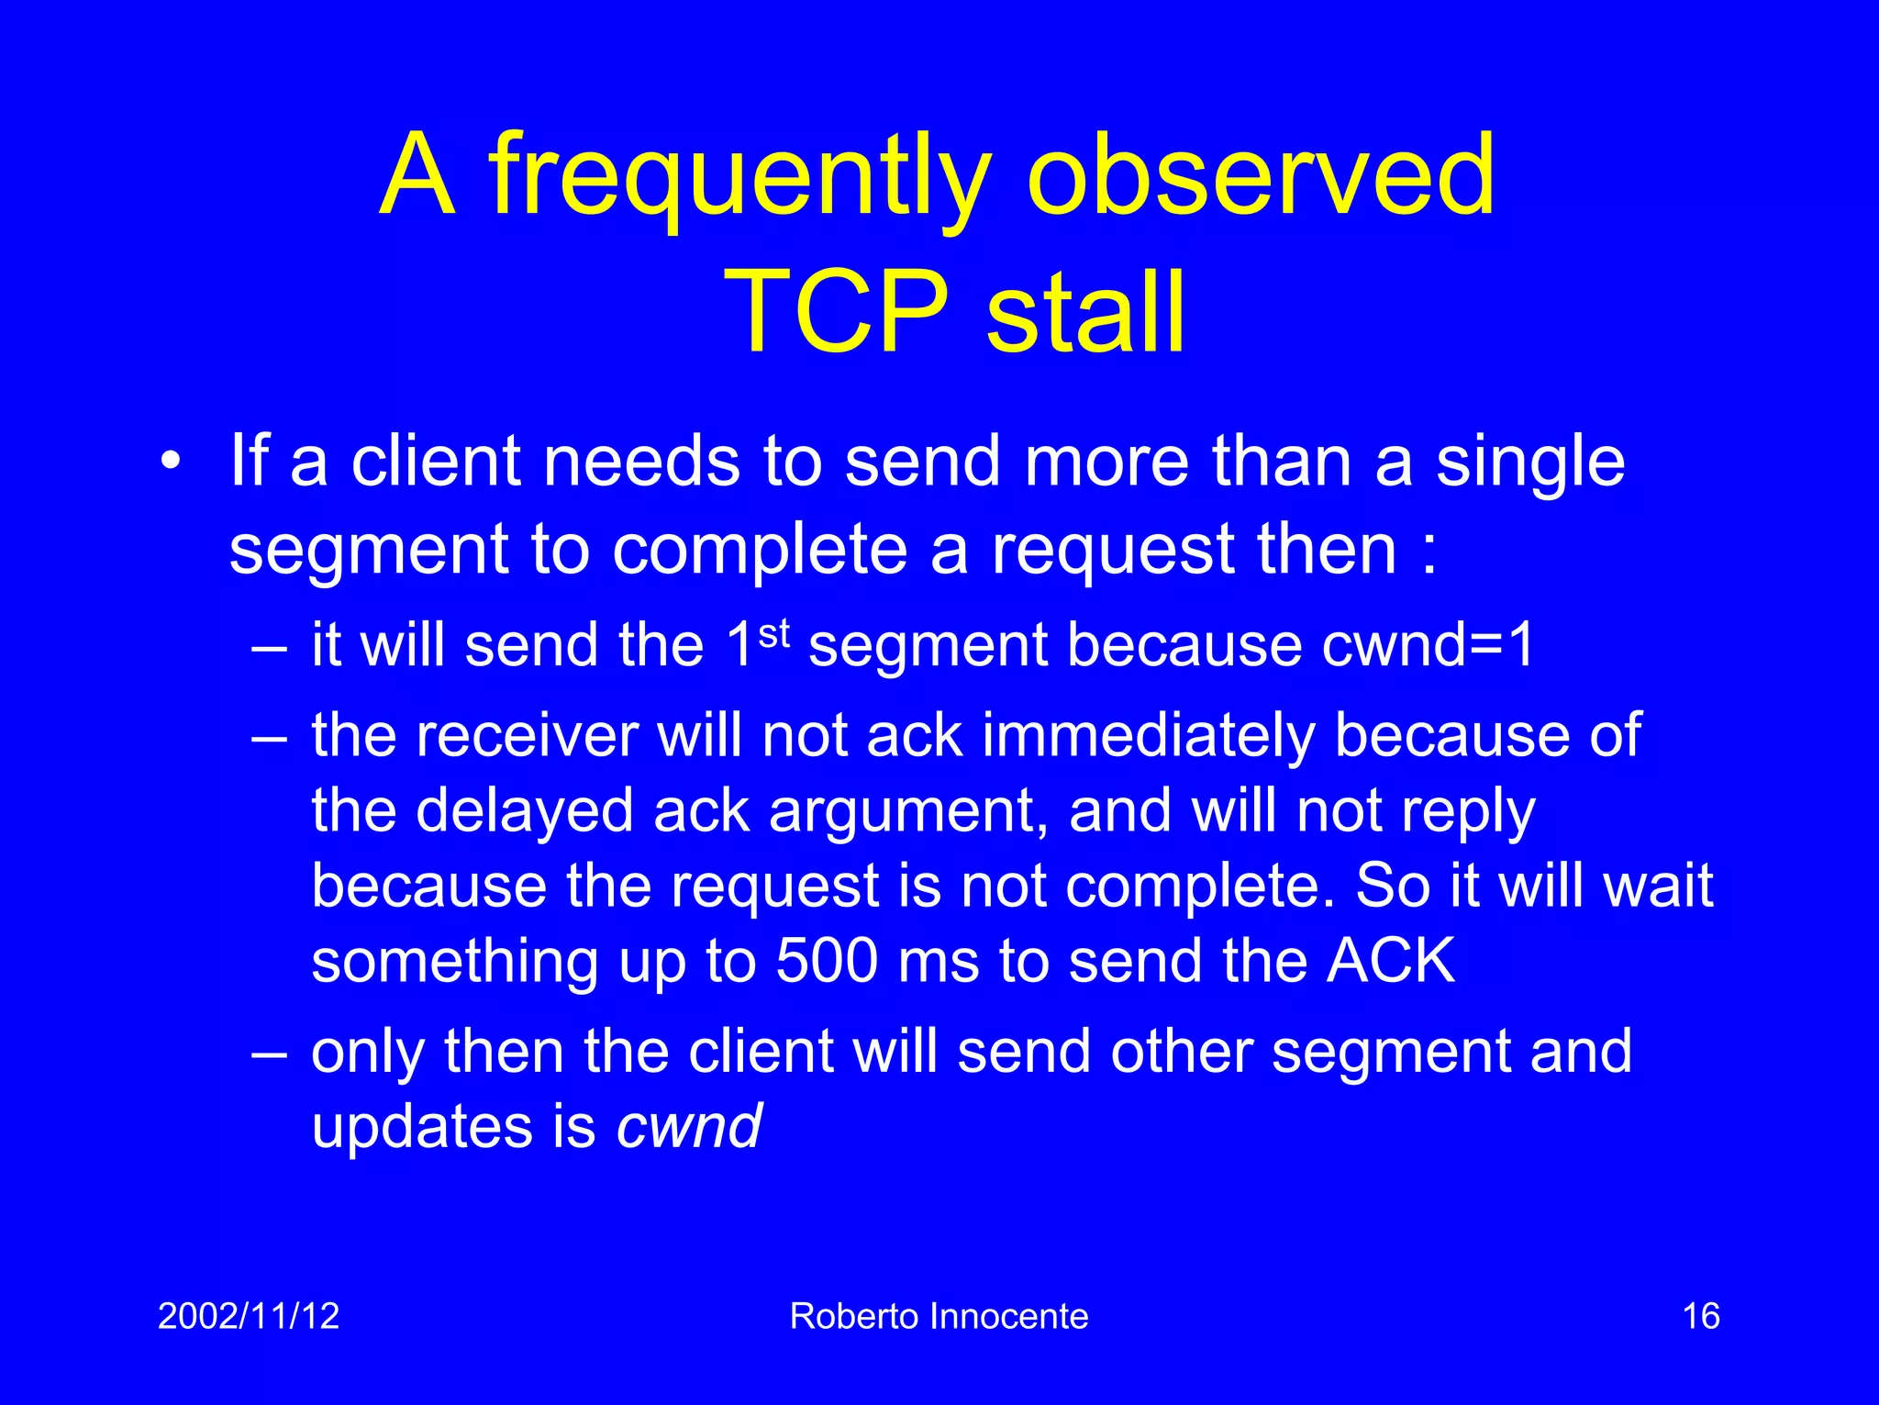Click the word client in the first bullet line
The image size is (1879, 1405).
(x=437, y=461)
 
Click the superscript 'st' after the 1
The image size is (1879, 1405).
(x=773, y=632)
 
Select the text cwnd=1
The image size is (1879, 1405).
(x=1428, y=645)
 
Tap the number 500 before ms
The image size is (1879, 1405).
(x=827, y=961)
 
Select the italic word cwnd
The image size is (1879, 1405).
(x=688, y=1127)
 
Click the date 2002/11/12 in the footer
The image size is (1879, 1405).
(x=249, y=1316)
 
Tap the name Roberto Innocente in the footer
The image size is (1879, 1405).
(x=939, y=1316)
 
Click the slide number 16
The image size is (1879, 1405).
(x=1700, y=1316)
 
